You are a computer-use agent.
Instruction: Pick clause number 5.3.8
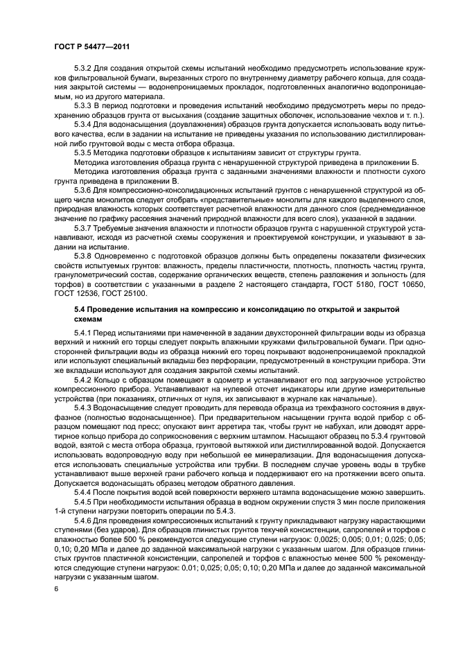pyautogui.click(x=83, y=256)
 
